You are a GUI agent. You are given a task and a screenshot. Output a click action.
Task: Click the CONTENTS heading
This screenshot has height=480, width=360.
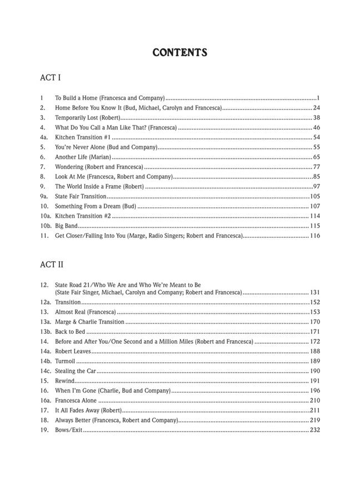[x=179, y=53]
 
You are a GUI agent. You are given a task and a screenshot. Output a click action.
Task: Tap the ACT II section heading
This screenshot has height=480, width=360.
[x=53, y=265]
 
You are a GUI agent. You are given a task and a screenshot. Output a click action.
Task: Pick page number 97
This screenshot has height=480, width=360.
[x=316, y=187]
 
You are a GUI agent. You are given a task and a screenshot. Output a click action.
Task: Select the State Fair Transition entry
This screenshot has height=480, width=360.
[x=80, y=197]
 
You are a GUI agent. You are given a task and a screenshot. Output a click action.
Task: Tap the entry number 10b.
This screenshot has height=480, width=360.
[x=46, y=226]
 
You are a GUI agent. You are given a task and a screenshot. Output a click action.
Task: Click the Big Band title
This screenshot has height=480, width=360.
[x=66, y=226]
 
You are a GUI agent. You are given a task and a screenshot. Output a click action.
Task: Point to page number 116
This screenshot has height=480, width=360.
[x=315, y=236]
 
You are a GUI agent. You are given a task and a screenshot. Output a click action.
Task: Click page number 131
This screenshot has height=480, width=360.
[x=315, y=292]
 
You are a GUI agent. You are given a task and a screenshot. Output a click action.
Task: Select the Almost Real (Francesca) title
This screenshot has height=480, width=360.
[x=85, y=312]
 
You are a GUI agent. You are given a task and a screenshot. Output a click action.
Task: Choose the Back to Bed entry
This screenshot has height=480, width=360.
[x=69, y=332]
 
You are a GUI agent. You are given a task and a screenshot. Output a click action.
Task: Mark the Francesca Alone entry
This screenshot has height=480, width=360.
[x=76, y=401]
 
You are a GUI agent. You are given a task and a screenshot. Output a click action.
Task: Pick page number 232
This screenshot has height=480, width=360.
[x=315, y=431]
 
